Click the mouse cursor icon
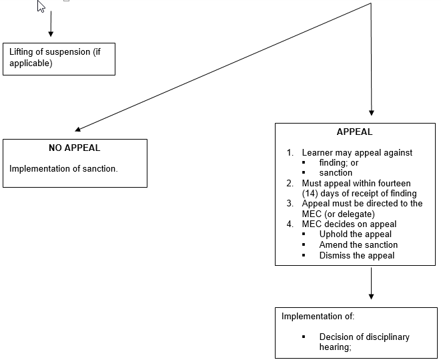tap(41, 6)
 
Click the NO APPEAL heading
tap(75, 148)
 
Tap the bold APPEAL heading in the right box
tap(354, 132)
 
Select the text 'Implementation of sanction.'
tap(63, 168)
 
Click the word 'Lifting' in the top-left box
tap(21, 52)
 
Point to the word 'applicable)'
tap(31, 63)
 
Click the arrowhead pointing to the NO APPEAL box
tap(78, 129)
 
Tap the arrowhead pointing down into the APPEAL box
tap(371, 113)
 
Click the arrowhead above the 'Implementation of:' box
tap(371, 297)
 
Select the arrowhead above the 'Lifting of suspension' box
tap(51, 34)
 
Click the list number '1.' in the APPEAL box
tap(290, 152)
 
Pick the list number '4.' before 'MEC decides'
tap(290, 224)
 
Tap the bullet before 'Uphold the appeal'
tap(304, 234)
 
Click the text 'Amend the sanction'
tap(358, 244)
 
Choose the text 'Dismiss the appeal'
tap(357, 255)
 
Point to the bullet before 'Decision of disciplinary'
tap(304, 337)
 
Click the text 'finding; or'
tap(339, 163)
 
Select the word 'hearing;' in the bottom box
tap(335, 347)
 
